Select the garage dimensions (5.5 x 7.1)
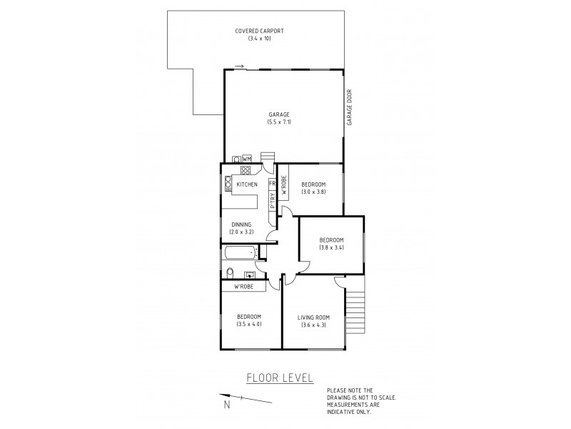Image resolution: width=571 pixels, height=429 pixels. [x=279, y=122]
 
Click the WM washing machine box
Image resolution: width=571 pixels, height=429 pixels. [x=247, y=159]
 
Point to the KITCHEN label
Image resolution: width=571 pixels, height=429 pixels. [x=247, y=184]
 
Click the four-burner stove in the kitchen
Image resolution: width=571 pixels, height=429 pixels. [x=246, y=170]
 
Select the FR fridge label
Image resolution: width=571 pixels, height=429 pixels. [x=272, y=184]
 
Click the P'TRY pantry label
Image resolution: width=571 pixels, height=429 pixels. [x=272, y=200]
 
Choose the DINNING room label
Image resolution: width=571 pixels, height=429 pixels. [x=241, y=224]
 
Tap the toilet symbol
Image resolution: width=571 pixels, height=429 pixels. [x=228, y=272]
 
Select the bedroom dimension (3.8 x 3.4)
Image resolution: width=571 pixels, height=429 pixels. [x=332, y=247]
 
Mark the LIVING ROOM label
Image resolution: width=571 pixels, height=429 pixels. [x=311, y=318]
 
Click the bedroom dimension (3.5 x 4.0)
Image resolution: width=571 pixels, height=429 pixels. [x=249, y=323]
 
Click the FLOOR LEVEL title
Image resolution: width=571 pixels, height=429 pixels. [x=279, y=378]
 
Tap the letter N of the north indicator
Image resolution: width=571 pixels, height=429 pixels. [x=227, y=405]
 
